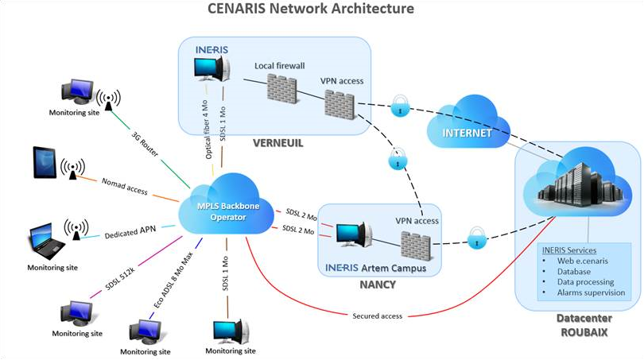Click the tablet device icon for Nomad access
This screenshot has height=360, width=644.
coord(44,164)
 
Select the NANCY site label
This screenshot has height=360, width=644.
coord(376,284)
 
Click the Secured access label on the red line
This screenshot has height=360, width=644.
coord(378,315)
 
